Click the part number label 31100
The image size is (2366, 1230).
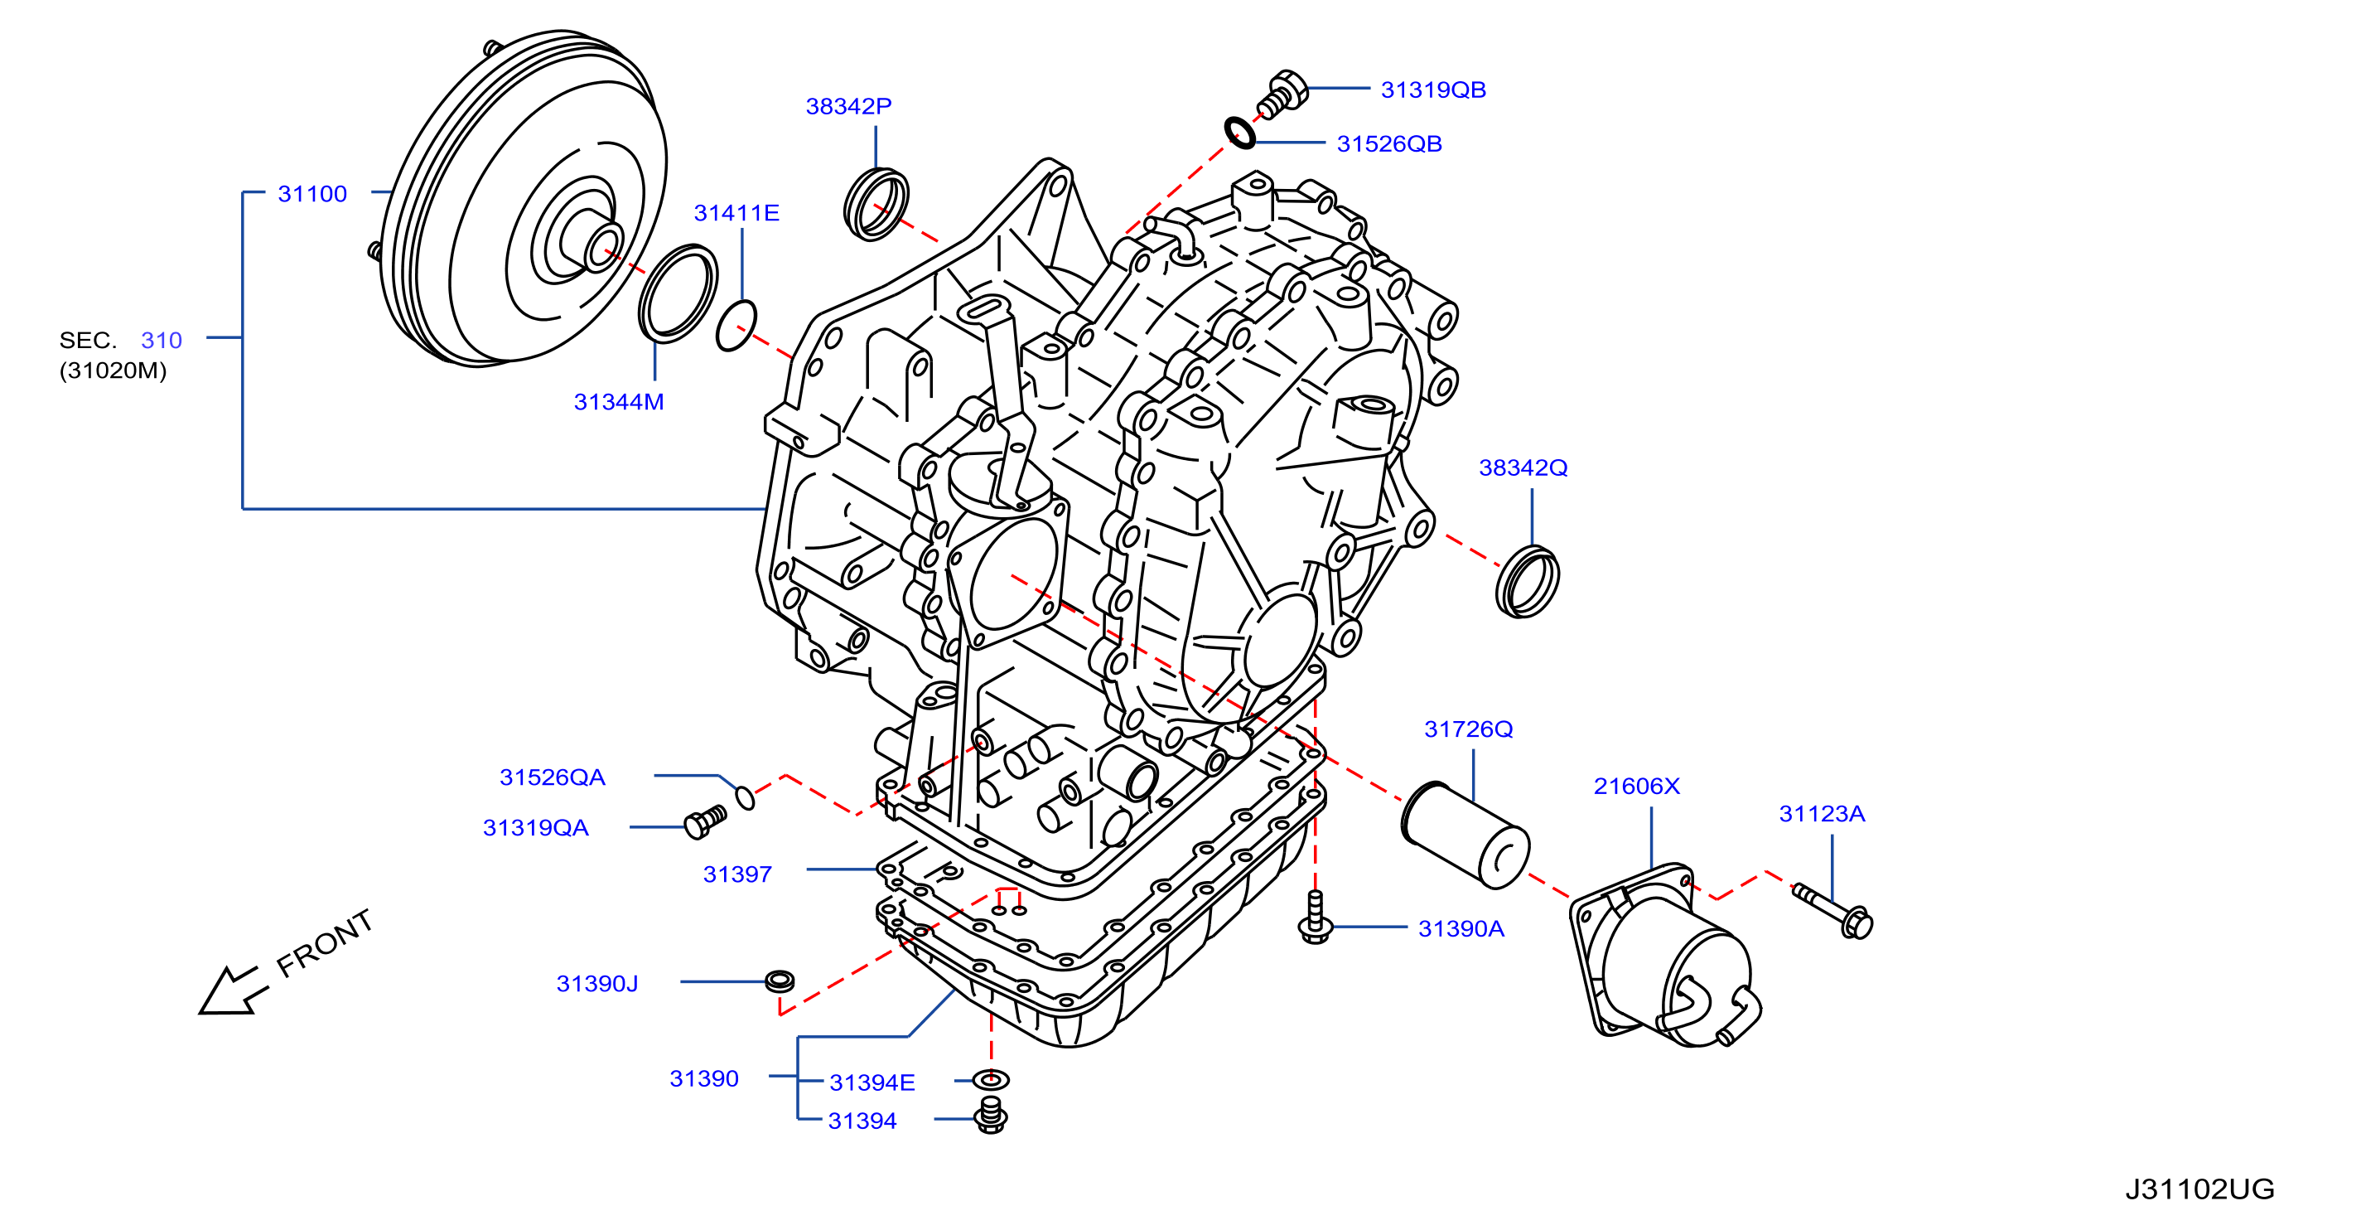click(312, 194)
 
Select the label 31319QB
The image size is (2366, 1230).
click(1433, 90)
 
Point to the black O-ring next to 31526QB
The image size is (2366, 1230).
click(1240, 133)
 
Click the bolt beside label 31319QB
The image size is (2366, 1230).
click(1282, 94)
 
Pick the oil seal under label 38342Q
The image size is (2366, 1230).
click(1527, 583)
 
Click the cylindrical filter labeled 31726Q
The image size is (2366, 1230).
click(1464, 834)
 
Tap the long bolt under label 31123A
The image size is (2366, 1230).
click(1833, 911)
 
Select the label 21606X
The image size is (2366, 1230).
click(1637, 787)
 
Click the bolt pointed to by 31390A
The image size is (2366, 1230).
click(1316, 917)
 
